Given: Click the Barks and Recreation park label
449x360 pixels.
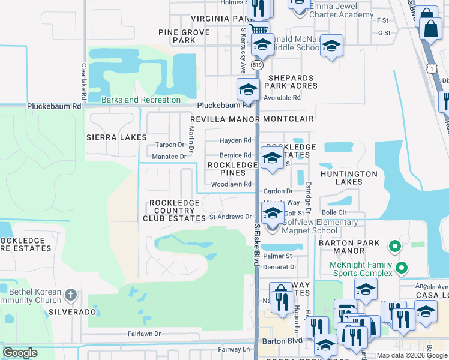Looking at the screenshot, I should [141, 100].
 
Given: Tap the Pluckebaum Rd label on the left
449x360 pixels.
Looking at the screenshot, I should [54, 106].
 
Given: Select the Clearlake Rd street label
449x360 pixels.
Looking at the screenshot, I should [83, 82].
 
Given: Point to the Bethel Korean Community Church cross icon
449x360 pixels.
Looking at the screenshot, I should [71, 294].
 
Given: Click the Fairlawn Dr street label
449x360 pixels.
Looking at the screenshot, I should [144, 334].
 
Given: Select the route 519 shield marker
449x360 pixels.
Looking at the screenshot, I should [258, 64].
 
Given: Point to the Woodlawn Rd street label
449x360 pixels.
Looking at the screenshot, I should [231, 184].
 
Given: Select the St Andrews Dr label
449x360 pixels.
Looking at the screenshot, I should [231, 217].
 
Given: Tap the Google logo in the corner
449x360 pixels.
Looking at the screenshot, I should [20, 353].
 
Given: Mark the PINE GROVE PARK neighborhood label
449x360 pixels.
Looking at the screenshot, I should [184, 36].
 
